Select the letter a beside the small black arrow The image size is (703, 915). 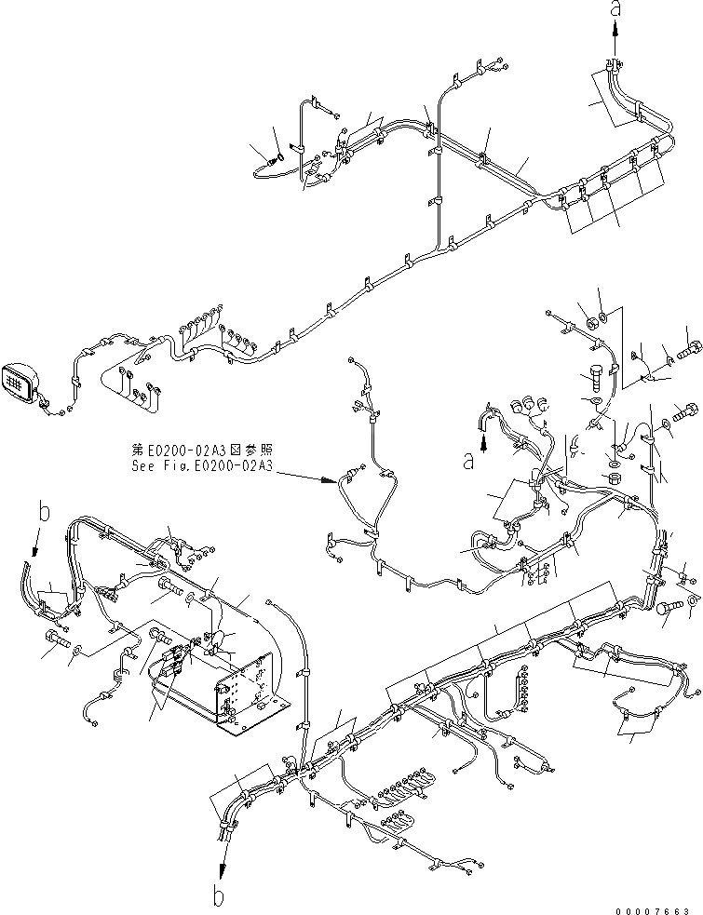pos(471,459)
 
